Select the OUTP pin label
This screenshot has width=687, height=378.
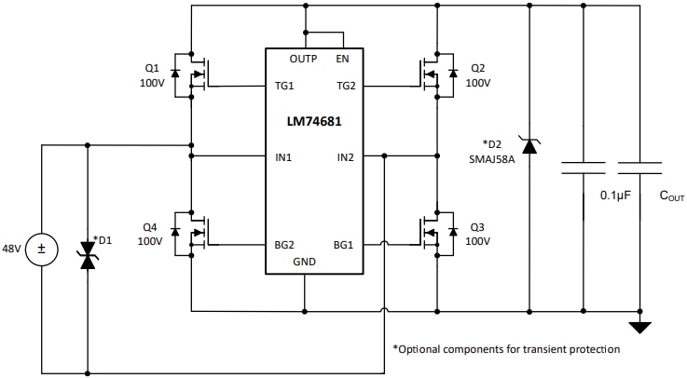tap(304, 59)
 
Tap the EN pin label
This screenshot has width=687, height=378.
tap(343, 59)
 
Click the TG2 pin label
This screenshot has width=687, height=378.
tap(347, 87)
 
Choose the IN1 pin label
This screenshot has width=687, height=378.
tap(283, 157)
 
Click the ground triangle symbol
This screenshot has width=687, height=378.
tap(639, 327)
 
